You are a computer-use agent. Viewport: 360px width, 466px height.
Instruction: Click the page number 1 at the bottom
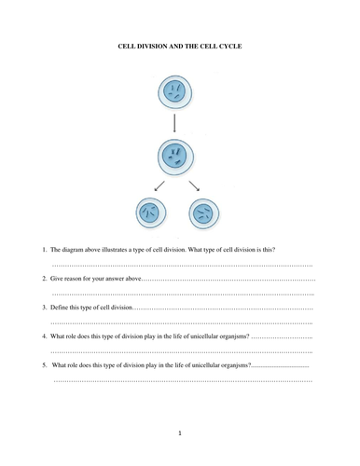pos(180,435)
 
